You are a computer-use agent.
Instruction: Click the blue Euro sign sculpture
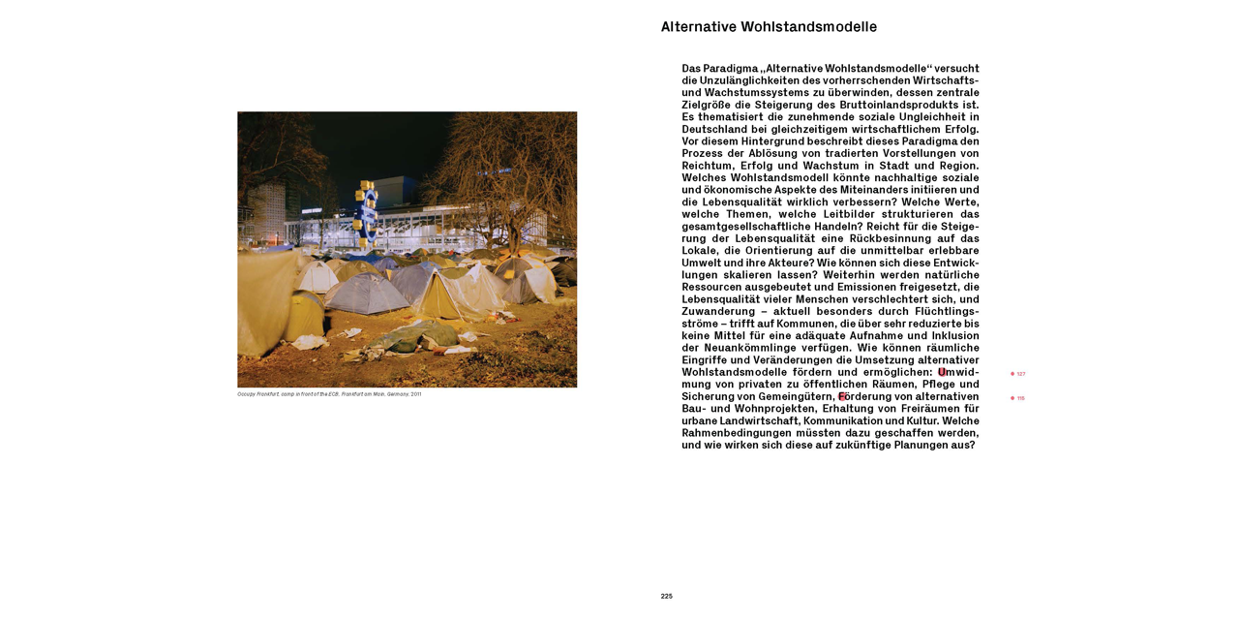point(367,211)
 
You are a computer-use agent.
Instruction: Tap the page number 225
point(666,596)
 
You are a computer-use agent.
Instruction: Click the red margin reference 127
point(1020,374)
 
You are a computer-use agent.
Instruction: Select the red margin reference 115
point(1020,398)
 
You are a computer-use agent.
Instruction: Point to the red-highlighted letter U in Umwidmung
point(942,372)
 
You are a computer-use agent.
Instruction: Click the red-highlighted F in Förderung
point(842,396)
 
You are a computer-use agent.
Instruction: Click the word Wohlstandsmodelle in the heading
point(809,27)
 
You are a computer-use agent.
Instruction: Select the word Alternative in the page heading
point(699,27)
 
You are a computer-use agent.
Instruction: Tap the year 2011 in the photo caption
point(415,394)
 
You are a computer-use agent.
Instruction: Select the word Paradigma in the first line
point(731,69)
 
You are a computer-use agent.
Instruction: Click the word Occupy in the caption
point(246,394)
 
